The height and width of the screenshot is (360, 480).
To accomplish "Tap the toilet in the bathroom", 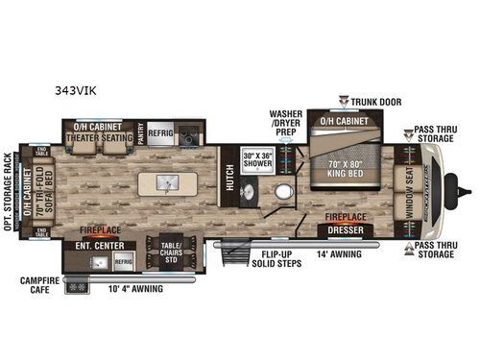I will (282, 191).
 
